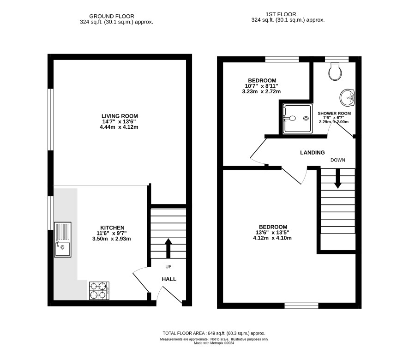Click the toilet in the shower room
(x=335, y=71)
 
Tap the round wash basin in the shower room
(x=347, y=98)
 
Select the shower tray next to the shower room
(x=298, y=119)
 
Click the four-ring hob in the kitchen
(x=99, y=291)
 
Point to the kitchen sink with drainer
(x=63, y=240)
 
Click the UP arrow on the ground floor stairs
(x=168, y=248)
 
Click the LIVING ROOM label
(x=120, y=116)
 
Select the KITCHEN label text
(x=113, y=228)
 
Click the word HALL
(x=169, y=279)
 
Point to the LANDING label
(x=312, y=153)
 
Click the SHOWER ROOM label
(x=334, y=114)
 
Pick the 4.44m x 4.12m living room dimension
(x=119, y=127)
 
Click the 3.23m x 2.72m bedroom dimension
(x=261, y=91)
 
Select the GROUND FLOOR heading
(x=112, y=16)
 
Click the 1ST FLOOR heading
(x=281, y=14)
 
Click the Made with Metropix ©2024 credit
(x=214, y=343)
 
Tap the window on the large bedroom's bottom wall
(x=301, y=306)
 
